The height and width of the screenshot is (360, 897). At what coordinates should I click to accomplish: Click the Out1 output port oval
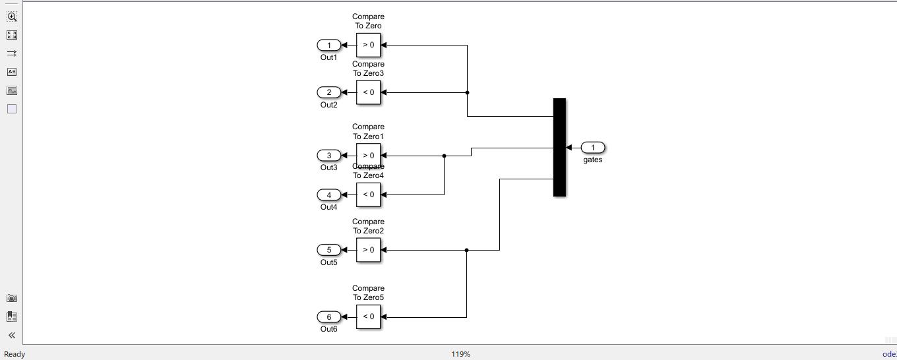point(329,45)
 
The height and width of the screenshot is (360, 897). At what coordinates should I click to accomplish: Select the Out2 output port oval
point(329,92)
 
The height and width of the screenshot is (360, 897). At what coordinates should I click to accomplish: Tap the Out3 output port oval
point(329,156)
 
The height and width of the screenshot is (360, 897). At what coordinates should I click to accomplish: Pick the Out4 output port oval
point(329,195)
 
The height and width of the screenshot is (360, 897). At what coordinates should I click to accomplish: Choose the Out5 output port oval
point(329,250)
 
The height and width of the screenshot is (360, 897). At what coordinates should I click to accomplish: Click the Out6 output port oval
point(329,316)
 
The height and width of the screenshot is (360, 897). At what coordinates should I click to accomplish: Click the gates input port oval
point(592,148)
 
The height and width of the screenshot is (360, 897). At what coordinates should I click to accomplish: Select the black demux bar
point(559,147)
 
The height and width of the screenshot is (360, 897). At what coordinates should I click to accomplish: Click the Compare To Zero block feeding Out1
point(369,45)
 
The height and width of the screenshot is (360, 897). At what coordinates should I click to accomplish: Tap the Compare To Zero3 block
point(369,92)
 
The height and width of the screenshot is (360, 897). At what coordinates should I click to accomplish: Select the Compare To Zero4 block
point(369,195)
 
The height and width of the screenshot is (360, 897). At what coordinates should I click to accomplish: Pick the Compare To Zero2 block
point(369,250)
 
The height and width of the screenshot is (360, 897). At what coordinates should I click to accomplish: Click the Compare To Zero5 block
point(369,316)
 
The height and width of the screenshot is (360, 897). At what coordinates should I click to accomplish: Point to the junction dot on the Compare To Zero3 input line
point(467,92)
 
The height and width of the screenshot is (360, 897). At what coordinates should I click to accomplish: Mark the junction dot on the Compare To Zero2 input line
point(466,250)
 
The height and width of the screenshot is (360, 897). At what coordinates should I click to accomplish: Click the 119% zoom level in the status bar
point(460,354)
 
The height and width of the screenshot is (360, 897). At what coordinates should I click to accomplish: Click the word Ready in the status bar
point(15,354)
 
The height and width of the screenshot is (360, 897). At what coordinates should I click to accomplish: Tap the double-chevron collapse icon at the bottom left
point(12,335)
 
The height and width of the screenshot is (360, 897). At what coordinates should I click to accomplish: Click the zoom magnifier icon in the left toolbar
point(12,16)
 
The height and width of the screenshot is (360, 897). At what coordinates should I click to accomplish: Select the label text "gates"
point(592,160)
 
